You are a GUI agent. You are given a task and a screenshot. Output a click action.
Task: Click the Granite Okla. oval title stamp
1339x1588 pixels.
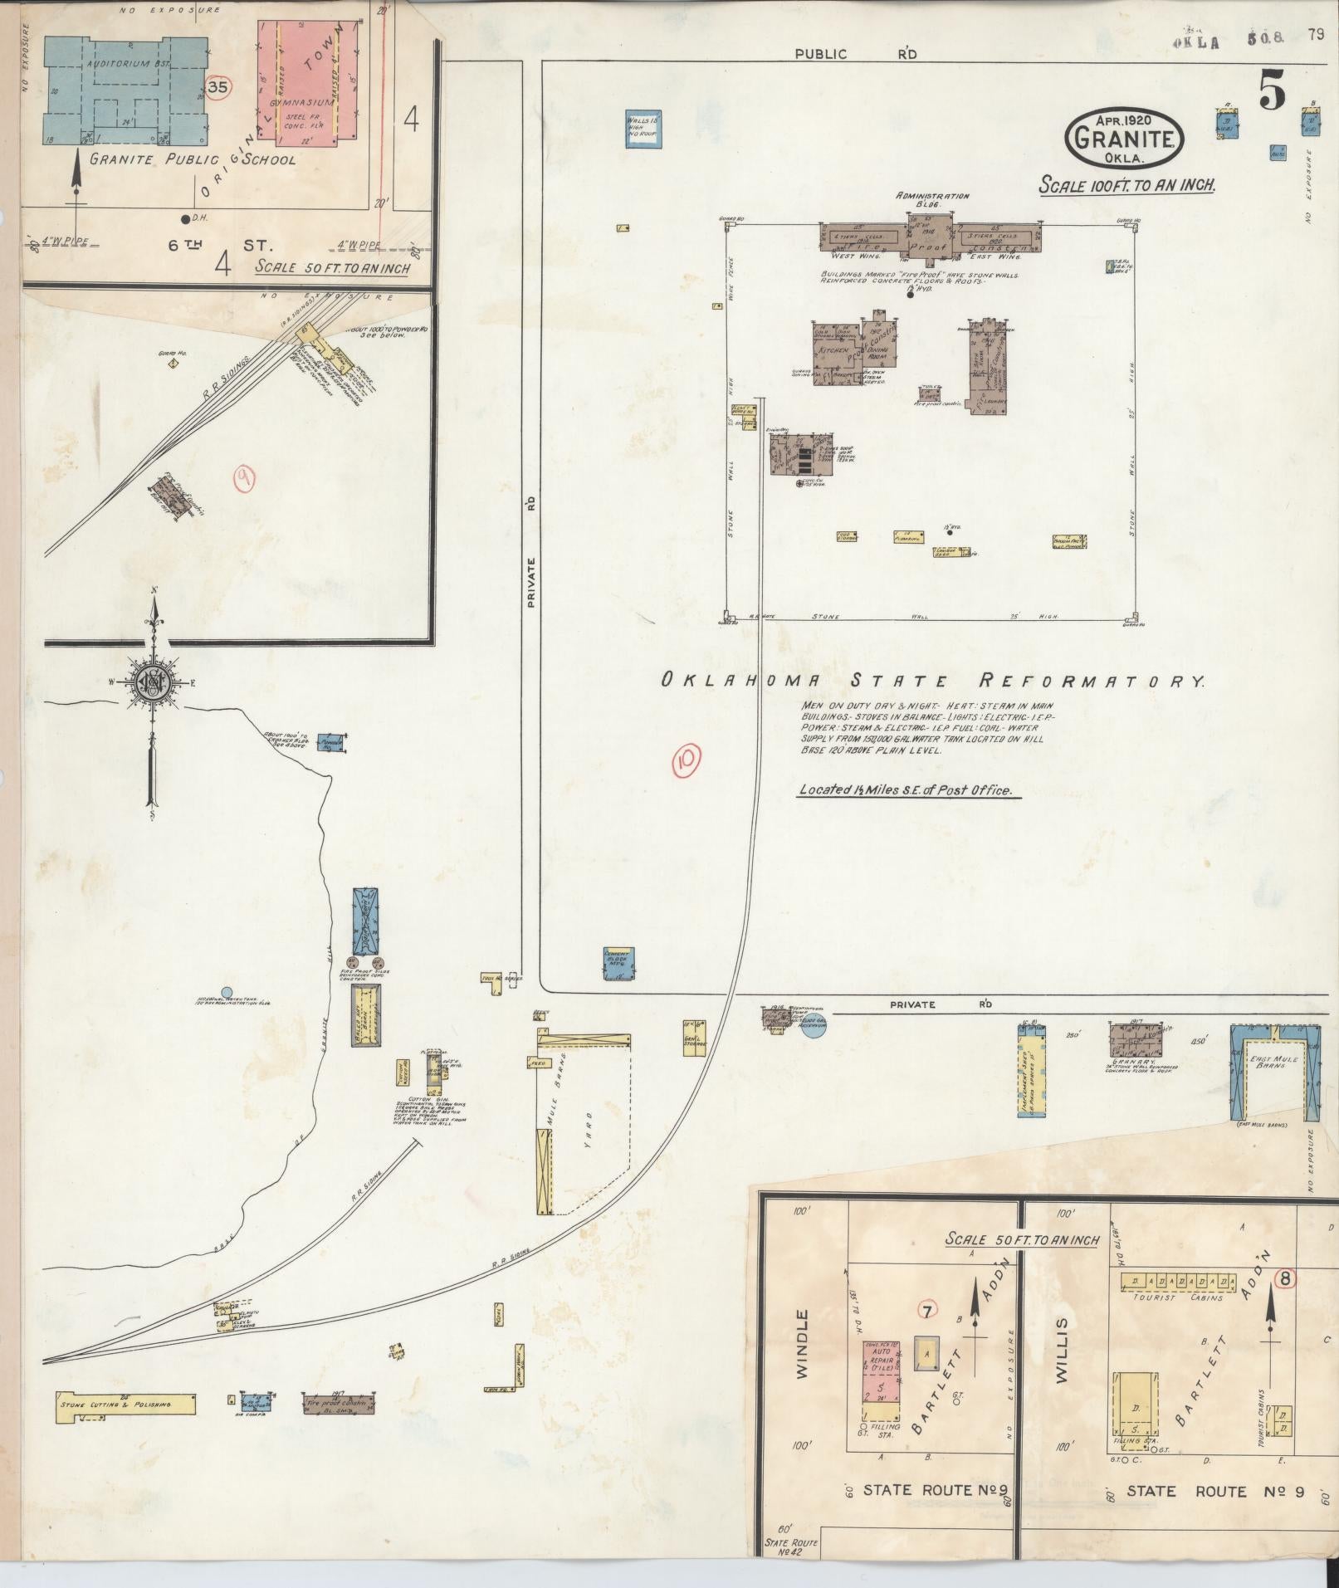pos(1124,136)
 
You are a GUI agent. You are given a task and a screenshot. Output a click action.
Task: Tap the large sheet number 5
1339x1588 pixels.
pos(1272,90)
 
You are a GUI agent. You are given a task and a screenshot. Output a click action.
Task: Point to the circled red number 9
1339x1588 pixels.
pos(245,478)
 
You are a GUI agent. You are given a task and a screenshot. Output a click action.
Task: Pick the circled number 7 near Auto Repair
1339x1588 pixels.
pos(927,1310)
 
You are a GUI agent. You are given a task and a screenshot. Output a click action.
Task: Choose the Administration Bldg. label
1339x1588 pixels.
pos(932,199)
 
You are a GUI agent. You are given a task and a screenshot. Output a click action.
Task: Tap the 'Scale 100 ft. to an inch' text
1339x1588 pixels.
pos(1126,184)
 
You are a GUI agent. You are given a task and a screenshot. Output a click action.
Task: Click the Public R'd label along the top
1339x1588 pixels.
pos(855,54)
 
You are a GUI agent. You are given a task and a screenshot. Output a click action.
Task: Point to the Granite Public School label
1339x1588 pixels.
pos(192,159)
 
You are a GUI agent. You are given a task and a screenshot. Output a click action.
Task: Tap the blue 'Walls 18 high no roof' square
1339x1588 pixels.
pos(643,129)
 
